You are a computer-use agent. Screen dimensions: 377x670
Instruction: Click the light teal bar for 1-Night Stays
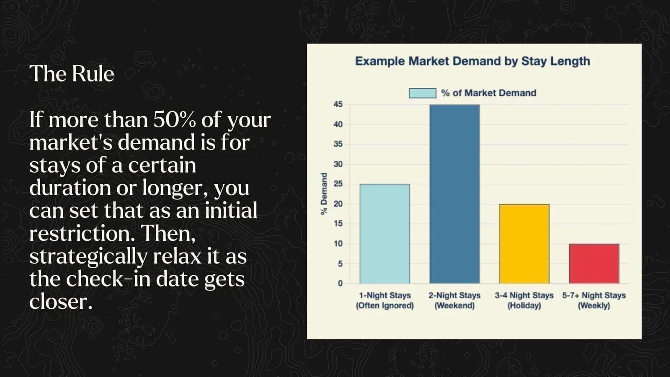pyautogui.click(x=385, y=234)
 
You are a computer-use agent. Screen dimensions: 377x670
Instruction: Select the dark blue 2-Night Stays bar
pyautogui.click(x=454, y=194)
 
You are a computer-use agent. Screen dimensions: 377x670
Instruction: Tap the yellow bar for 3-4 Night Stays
pyautogui.click(x=524, y=244)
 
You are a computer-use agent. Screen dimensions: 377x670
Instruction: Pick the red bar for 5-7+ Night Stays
pyautogui.click(x=594, y=263)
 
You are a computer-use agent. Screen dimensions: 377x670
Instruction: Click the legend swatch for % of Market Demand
pyautogui.click(x=422, y=93)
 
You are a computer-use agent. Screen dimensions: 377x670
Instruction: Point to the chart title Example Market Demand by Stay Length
pyautogui.click(x=472, y=61)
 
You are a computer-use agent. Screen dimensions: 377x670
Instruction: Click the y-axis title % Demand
pyautogui.click(x=324, y=194)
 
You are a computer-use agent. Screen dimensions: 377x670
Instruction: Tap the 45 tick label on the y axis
pyautogui.click(x=338, y=104)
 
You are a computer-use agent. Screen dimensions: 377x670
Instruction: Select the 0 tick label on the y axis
pyautogui.click(x=340, y=284)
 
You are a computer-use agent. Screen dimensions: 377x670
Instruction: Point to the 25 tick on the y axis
pyautogui.click(x=338, y=184)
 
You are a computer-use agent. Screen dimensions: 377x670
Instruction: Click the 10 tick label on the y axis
pyautogui.click(x=338, y=244)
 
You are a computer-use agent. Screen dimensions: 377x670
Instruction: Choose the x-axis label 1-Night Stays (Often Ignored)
pyautogui.click(x=385, y=300)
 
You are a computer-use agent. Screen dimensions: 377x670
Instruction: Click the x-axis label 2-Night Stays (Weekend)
pyautogui.click(x=454, y=300)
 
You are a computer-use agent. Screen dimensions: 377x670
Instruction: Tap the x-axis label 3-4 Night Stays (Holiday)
pyautogui.click(x=524, y=300)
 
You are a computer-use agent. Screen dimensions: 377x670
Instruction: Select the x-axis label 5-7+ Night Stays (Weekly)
pyautogui.click(x=594, y=300)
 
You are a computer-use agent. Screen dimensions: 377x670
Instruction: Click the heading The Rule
pyautogui.click(x=72, y=74)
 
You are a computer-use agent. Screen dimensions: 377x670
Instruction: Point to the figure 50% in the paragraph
pyautogui.click(x=174, y=120)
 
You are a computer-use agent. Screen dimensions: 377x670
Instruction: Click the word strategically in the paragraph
pyautogui.click(x=88, y=257)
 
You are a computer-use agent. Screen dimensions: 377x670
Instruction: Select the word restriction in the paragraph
pyautogui.click(x=80, y=234)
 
